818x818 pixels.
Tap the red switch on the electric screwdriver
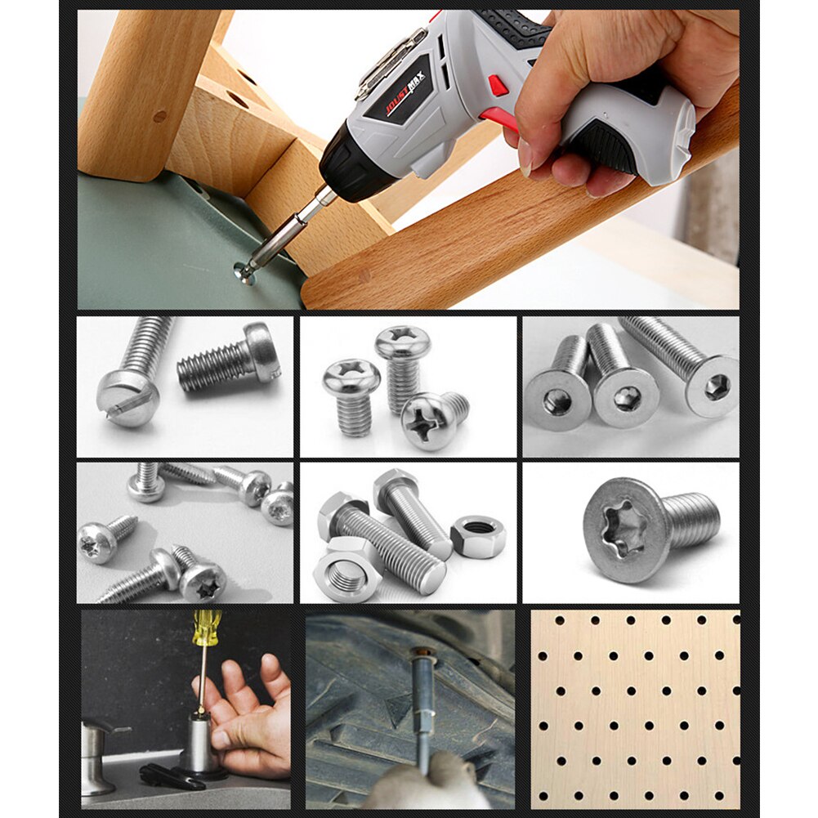(x=498, y=85)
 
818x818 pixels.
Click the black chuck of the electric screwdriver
(x=347, y=167)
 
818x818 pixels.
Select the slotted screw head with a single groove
(x=127, y=397)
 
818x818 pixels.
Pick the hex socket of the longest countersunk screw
(x=716, y=387)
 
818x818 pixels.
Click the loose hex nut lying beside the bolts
(x=478, y=537)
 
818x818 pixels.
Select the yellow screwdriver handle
(x=205, y=627)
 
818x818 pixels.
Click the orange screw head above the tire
(x=422, y=653)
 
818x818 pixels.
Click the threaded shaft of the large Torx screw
(x=692, y=520)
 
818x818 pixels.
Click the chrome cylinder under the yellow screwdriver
(x=199, y=744)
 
